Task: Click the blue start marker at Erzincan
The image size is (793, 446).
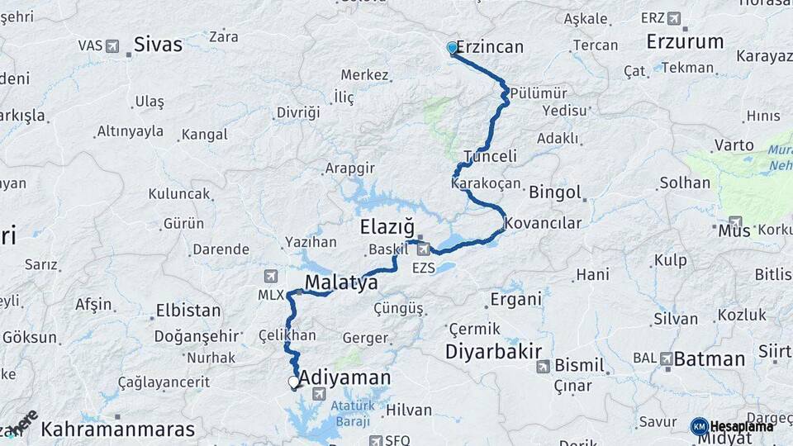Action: [x=451, y=48]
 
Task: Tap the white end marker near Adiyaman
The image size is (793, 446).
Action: [x=293, y=382]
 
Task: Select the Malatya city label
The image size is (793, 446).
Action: [x=341, y=283]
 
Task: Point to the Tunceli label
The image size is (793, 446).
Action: [x=490, y=156]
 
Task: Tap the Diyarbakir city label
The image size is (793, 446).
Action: [x=493, y=351]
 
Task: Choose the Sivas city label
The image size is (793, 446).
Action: [x=158, y=45]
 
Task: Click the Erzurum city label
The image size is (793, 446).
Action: [x=685, y=41]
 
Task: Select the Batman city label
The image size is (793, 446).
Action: [x=710, y=359]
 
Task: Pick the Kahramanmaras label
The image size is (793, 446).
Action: [x=118, y=429]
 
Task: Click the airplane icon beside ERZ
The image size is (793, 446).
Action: [x=674, y=18]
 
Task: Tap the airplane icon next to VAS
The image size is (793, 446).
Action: [x=112, y=45]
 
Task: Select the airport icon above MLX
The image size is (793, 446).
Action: [x=271, y=276]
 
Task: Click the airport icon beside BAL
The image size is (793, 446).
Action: [x=666, y=358]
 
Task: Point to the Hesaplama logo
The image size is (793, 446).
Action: [x=732, y=426]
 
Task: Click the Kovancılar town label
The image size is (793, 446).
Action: [x=543, y=223]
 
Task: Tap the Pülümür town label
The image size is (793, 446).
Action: [x=539, y=93]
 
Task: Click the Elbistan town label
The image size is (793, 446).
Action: [x=188, y=311]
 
